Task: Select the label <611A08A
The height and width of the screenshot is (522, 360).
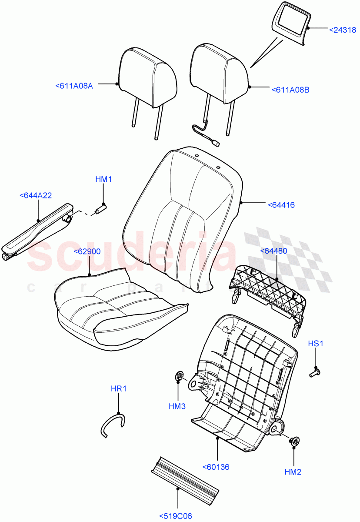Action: [74, 86]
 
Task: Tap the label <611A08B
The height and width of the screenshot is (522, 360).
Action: [290, 90]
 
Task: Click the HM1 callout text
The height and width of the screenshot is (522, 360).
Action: [104, 179]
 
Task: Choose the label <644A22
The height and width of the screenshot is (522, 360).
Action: [36, 196]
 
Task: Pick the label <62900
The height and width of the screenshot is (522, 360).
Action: [87, 251]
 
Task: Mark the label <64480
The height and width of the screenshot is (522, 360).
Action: [273, 251]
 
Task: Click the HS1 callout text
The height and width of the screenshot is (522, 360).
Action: [316, 343]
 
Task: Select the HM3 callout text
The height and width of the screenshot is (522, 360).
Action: [177, 406]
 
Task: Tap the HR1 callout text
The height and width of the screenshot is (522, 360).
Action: [118, 388]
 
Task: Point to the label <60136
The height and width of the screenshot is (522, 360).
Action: [216, 467]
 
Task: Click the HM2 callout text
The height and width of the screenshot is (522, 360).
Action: [293, 472]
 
